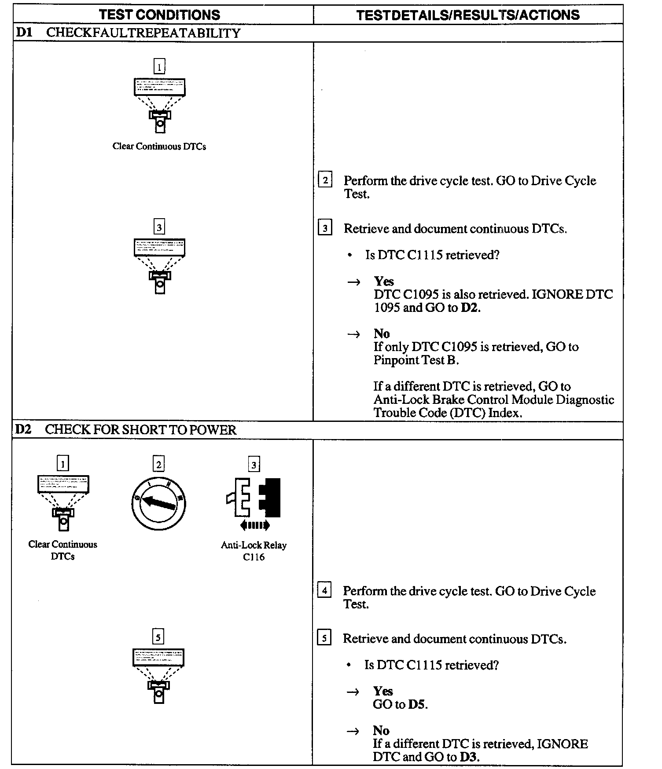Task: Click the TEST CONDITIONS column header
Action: click(x=159, y=15)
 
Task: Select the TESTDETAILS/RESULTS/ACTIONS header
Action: click(x=468, y=15)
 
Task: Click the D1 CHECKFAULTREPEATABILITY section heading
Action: click(x=128, y=33)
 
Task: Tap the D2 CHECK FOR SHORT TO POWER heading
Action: click(x=125, y=430)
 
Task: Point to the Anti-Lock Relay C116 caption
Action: click(x=254, y=551)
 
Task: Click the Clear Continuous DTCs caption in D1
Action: click(x=159, y=146)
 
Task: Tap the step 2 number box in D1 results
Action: click(x=325, y=180)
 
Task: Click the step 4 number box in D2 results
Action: click(x=324, y=590)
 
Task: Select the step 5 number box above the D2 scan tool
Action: click(x=158, y=637)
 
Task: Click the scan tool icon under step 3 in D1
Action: click(x=159, y=266)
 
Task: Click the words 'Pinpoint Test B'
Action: click(x=416, y=360)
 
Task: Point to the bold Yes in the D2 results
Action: click(x=382, y=691)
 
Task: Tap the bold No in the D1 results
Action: click(x=382, y=333)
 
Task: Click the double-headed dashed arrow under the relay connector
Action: click(x=255, y=525)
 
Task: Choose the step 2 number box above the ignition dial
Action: click(x=158, y=464)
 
